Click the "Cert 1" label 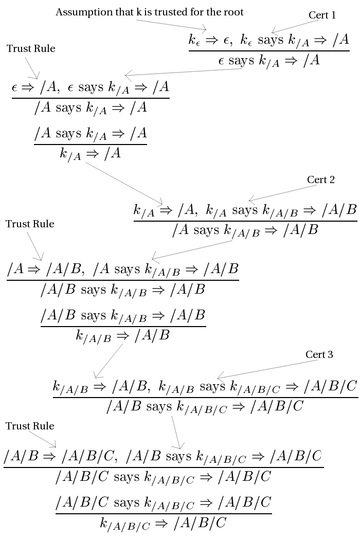[x=322, y=15]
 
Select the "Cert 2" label [x=321, y=179]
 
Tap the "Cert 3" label [x=319, y=355]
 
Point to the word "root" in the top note [x=234, y=12]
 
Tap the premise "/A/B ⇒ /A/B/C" [x=62, y=456]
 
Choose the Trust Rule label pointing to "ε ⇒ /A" [x=31, y=49]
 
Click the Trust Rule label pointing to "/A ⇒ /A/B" [x=30, y=224]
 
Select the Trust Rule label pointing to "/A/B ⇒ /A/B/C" [x=30, y=426]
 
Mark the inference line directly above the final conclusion [x=163, y=513]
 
